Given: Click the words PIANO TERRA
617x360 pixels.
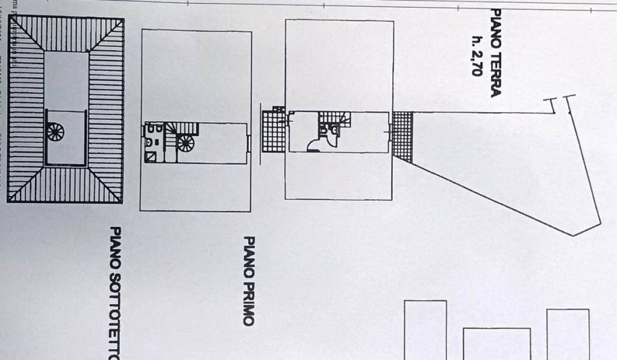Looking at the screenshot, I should pos(496,52).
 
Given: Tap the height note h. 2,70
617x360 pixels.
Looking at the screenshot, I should pos(477,54).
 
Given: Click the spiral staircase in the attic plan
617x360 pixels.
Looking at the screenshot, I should pos(55,131).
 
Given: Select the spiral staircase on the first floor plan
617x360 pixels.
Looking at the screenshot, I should pos(186,143).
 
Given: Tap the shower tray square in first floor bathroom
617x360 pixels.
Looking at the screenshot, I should pos(151,156).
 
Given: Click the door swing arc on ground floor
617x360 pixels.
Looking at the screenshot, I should pos(315,144).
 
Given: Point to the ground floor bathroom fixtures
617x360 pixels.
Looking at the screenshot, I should pos(329,128).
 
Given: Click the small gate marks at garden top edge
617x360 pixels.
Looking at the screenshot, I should pos(559,103).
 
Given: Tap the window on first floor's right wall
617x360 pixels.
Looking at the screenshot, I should pos(248,143).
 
